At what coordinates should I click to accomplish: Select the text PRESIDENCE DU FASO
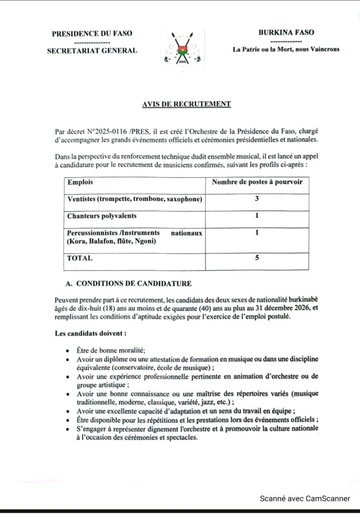[x=92, y=34]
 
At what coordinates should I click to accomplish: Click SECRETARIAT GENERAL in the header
[x=92, y=50]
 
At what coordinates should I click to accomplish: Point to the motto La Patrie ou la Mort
[x=286, y=49]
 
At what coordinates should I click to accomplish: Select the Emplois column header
[x=80, y=182]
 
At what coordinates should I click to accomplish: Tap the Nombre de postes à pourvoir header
[x=257, y=182]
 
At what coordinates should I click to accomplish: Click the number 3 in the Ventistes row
[x=257, y=199]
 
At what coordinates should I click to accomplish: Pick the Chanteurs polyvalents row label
[x=102, y=216]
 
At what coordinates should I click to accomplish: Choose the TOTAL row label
[x=80, y=258]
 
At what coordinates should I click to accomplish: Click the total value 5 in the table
[x=257, y=258]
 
